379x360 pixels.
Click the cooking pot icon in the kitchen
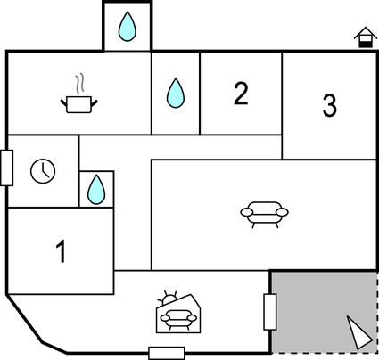(79, 104)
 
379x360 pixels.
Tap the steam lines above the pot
(79, 83)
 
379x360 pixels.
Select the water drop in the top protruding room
(128, 26)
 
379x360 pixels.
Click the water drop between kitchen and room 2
(176, 93)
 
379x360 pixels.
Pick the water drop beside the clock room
(96, 190)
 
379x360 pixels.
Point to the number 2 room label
(241, 94)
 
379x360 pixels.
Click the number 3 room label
(330, 105)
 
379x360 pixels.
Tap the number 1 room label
(61, 251)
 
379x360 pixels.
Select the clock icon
(43, 171)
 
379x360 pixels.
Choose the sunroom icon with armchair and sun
(178, 312)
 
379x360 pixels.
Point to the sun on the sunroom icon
(169, 298)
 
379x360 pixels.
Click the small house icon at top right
(366, 37)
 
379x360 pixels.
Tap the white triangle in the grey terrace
(358, 332)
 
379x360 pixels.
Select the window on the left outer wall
(6, 168)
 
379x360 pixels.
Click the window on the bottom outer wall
(167, 353)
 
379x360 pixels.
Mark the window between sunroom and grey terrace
(270, 312)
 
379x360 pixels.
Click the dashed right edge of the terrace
(377, 312)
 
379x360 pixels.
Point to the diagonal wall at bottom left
(24, 318)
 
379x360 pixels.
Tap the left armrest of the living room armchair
(247, 212)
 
